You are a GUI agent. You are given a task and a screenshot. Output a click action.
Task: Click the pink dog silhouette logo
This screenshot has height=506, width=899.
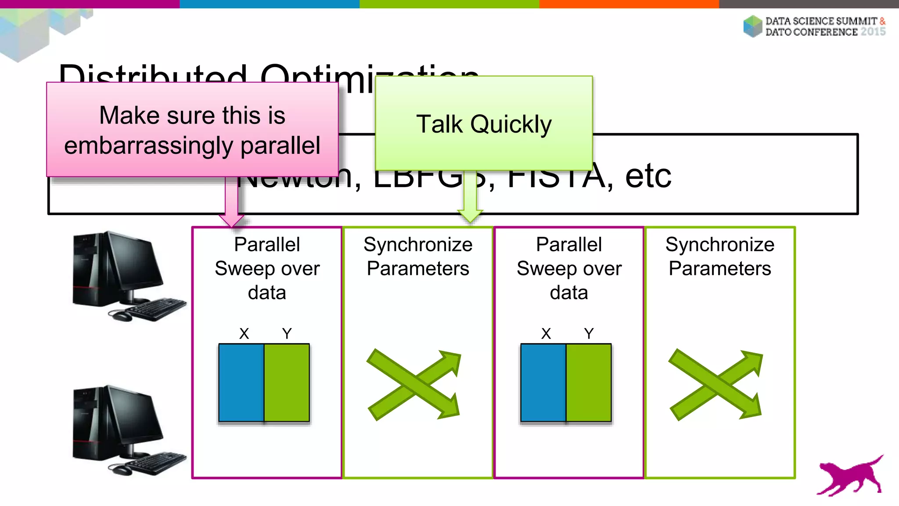849,477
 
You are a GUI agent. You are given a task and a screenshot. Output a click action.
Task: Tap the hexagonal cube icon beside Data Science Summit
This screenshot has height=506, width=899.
753,26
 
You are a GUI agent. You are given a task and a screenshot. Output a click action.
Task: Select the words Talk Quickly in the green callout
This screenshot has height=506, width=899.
484,124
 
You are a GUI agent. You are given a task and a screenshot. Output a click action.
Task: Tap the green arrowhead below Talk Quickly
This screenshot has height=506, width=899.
470,216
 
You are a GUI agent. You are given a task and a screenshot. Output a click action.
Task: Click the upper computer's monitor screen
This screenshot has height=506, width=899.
132,261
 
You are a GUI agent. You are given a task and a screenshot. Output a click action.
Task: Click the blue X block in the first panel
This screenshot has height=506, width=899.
241,383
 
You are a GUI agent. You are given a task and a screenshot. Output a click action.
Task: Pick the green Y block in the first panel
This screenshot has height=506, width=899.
287,383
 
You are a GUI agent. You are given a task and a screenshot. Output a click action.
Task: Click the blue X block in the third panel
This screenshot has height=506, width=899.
543,383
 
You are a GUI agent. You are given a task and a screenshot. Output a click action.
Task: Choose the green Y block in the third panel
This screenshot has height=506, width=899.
589,383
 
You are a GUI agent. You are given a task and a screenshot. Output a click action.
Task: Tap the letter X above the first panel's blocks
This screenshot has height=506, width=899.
244,334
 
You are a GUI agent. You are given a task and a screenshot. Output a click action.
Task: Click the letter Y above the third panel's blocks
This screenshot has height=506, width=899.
589,334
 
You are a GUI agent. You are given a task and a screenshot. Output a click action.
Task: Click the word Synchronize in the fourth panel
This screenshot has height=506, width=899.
720,245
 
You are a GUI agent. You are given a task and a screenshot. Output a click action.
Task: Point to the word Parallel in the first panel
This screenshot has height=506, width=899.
267,245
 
